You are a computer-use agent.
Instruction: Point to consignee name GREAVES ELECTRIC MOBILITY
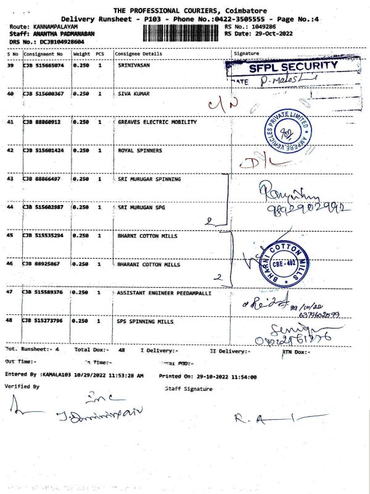pyautogui.click(x=157, y=122)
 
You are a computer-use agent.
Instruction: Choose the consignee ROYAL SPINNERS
pyautogui.click(x=140, y=150)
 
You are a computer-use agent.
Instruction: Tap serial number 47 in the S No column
pyautogui.click(x=10, y=292)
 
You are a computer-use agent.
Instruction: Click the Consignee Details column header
pyautogui.click(x=139, y=54)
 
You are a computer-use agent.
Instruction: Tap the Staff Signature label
pyautogui.click(x=189, y=389)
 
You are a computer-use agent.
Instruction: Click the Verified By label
pyautogui.click(x=22, y=387)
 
